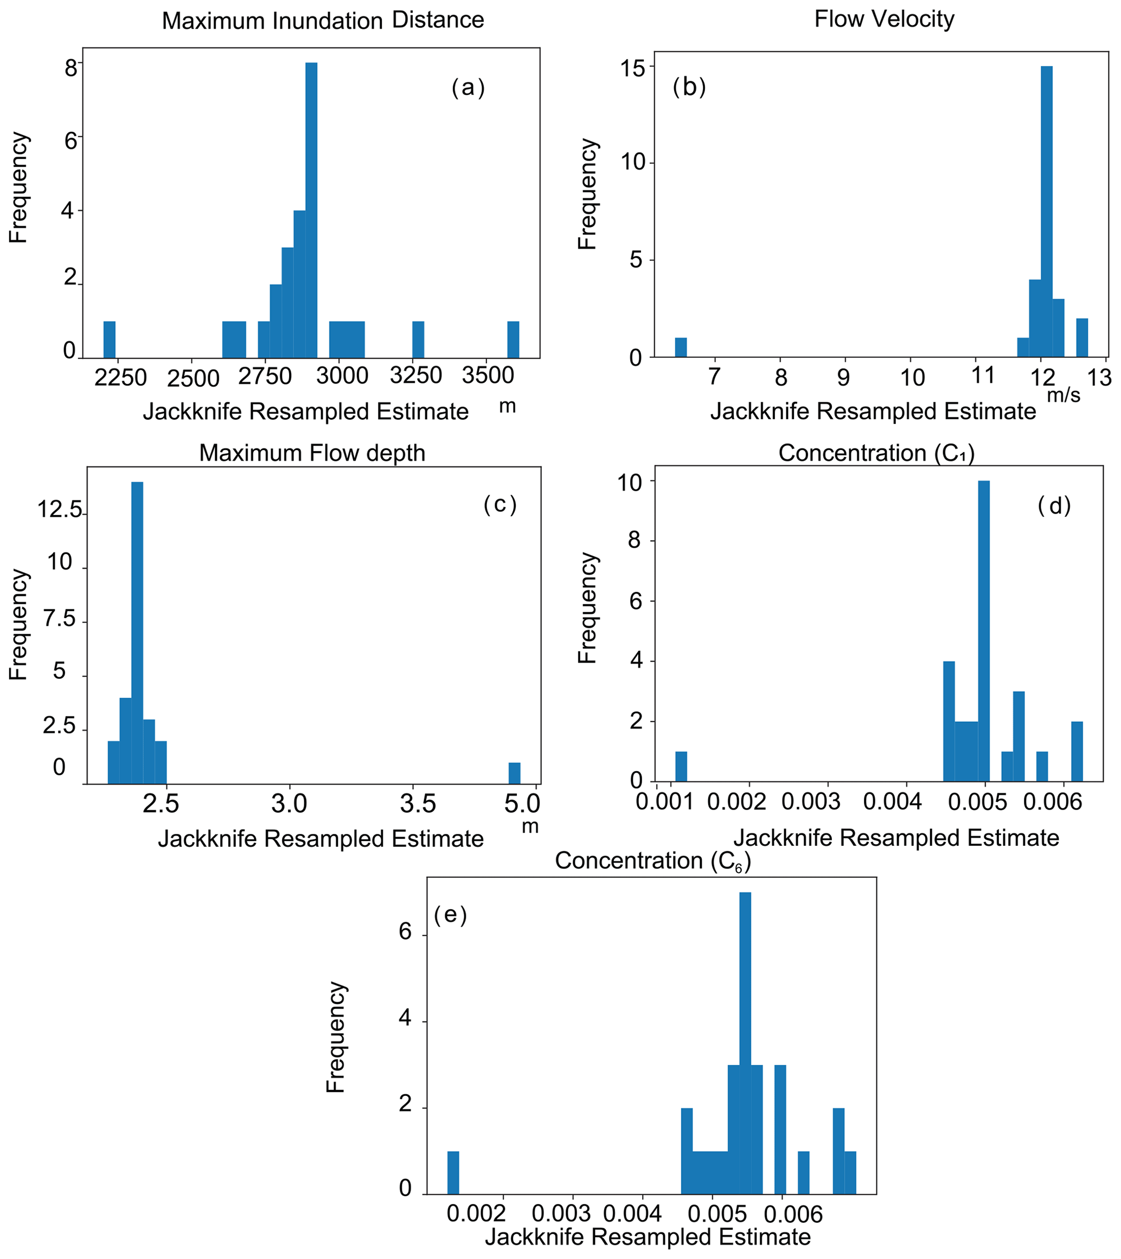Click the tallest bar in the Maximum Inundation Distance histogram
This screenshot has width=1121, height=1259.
(311, 209)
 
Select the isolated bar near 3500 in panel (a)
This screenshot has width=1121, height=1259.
(513, 339)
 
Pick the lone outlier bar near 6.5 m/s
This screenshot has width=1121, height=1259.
(680, 348)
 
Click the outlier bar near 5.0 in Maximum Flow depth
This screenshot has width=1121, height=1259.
(514, 773)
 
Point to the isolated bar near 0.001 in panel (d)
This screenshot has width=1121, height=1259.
(681, 766)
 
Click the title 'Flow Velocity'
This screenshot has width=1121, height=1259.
(884, 19)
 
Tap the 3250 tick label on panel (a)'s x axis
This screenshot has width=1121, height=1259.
(416, 375)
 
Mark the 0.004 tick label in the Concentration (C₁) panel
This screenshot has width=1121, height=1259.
(892, 801)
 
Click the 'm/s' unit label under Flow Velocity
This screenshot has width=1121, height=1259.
(1063, 395)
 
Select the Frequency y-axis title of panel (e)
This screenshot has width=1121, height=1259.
(336, 1037)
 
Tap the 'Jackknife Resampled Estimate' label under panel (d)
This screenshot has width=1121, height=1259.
(895, 838)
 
